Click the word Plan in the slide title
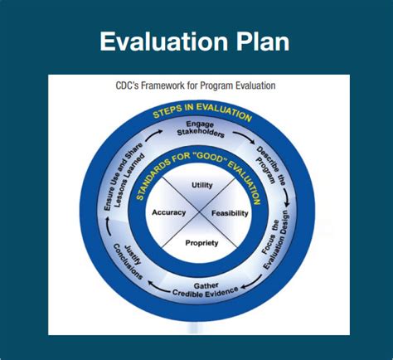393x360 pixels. tap(264, 41)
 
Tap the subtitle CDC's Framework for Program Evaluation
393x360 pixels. tap(196, 85)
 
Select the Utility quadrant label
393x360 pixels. tap(201, 184)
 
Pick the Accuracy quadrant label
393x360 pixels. tap(168, 212)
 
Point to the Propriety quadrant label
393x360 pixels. tap(201, 243)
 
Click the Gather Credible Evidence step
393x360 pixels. tap(205, 288)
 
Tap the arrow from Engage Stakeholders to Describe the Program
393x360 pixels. tap(243, 133)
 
